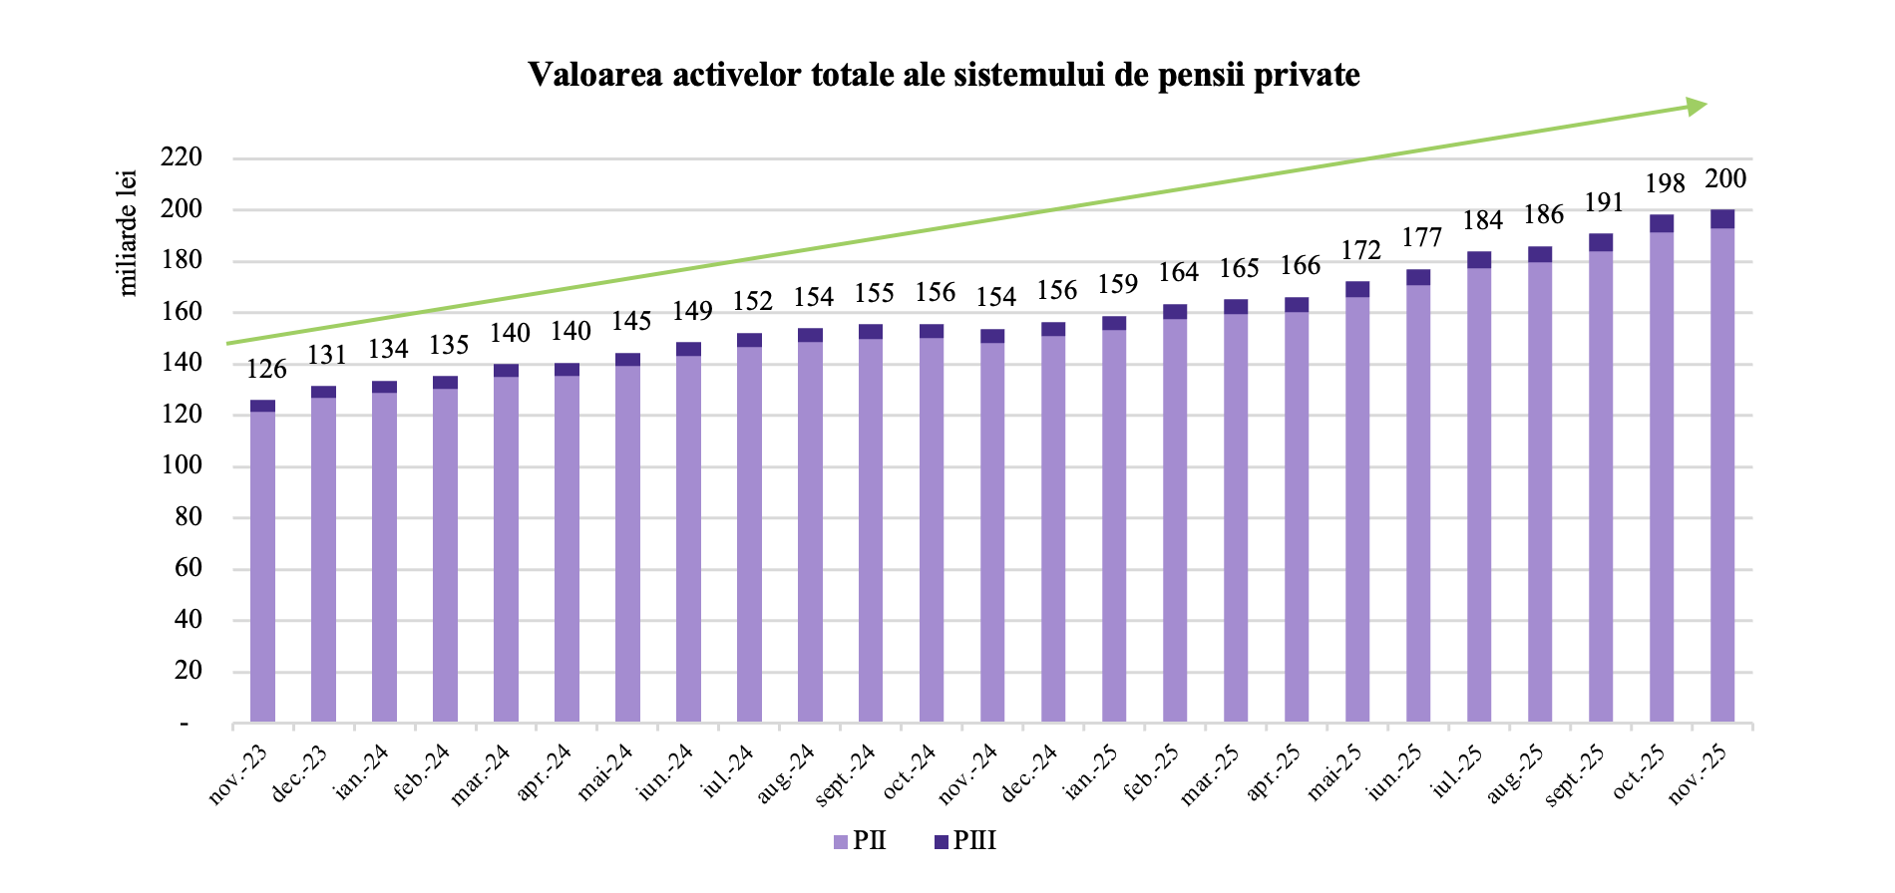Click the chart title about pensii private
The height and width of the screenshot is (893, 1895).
[944, 75]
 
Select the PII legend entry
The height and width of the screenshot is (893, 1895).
[860, 841]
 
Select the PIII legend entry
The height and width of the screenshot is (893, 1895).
[964, 841]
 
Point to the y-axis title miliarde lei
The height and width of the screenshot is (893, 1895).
[128, 233]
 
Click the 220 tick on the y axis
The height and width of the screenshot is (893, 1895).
[182, 157]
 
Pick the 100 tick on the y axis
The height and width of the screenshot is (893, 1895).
[182, 465]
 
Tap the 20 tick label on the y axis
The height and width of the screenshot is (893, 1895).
[188, 671]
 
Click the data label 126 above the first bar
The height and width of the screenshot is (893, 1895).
[266, 370]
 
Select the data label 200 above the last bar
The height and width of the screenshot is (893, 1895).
[1725, 179]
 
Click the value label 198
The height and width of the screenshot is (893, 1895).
[1665, 184]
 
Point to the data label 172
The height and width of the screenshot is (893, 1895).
[1360, 251]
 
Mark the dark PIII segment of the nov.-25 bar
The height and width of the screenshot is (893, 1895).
[1722, 219]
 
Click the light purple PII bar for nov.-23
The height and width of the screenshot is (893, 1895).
[263, 568]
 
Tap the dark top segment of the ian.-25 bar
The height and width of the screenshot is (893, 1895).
[1114, 323]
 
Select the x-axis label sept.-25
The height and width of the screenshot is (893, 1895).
[1576, 776]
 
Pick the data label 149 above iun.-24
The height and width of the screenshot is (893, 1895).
[692, 312]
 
